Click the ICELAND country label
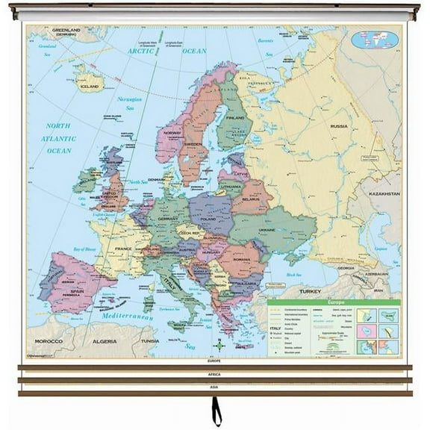pyautogui.click(x=88, y=87)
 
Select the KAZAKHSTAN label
pyautogui.click(x=384, y=193)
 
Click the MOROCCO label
pyautogui.click(x=46, y=340)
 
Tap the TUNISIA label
pyautogui.click(x=150, y=340)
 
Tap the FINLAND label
pyautogui.click(x=235, y=118)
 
